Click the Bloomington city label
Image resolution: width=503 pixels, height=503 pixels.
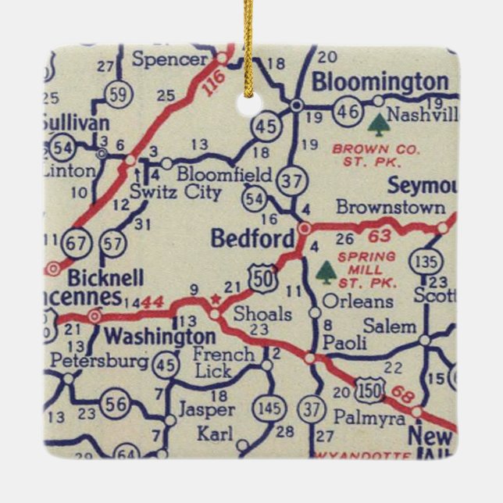380,82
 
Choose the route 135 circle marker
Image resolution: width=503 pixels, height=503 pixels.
429,258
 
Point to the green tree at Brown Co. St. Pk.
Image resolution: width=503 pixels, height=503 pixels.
379,125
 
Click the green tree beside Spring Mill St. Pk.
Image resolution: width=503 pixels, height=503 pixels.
326,272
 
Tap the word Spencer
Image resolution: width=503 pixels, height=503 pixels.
169,59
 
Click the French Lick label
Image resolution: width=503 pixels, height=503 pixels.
223,362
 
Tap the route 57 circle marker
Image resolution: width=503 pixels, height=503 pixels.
113,243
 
